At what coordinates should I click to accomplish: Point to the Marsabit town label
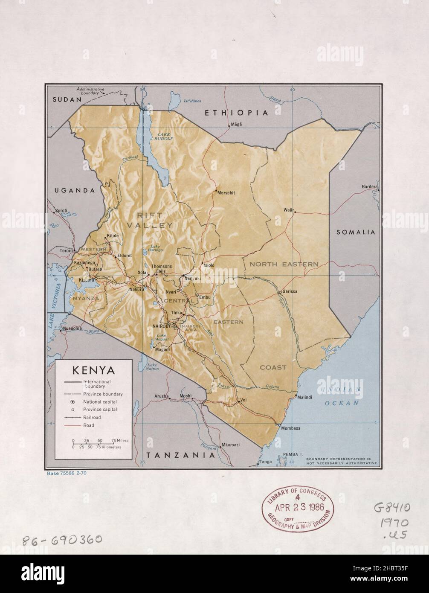point(226,193)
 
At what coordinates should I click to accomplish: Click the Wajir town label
point(289,209)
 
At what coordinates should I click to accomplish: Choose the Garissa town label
point(290,292)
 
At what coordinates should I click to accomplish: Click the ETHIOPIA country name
point(236,113)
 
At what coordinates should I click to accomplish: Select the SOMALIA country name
point(356,232)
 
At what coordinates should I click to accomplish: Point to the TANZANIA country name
point(178,455)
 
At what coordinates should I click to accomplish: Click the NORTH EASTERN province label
point(284,264)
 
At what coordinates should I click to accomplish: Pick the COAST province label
point(273,367)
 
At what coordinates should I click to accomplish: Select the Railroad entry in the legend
point(92,417)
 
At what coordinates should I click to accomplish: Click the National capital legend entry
point(100,402)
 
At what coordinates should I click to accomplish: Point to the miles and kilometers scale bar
point(96,444)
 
